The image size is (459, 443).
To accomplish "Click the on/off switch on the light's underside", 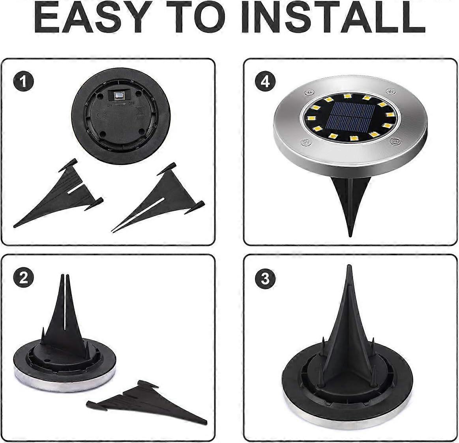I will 118,96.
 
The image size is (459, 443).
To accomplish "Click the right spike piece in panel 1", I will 158,197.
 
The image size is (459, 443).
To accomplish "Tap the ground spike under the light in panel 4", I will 350,205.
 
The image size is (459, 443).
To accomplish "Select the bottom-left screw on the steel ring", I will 305,142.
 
